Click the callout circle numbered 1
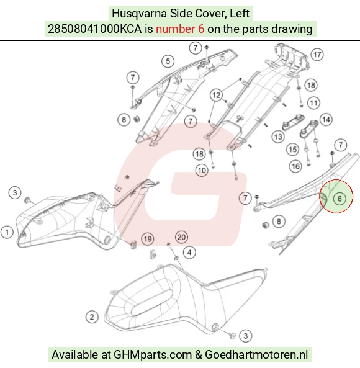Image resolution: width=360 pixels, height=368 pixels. [7, 232]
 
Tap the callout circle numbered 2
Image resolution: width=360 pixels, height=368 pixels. [92, 317]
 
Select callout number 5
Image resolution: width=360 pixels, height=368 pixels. [168, 61]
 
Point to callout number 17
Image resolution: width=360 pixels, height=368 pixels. [317, 55]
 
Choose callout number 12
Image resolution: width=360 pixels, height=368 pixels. [216, 95]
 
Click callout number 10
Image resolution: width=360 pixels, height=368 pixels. [202, 171]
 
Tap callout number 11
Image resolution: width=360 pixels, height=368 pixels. [314, 103]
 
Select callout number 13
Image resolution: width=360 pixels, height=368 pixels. [278, 137]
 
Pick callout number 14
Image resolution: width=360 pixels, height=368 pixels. [326, 120]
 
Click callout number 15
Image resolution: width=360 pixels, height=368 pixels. [292, 150]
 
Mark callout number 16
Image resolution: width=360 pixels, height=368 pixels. [295, 166]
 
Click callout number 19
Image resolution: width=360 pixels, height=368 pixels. [148, 239]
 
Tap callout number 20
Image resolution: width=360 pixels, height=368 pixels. [181, 237]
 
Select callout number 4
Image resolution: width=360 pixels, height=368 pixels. [189, 253]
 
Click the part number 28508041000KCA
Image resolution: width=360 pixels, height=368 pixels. [95, 29]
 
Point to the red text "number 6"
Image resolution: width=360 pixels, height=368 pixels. [180, 29]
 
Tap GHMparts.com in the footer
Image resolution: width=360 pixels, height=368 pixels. [153, 354]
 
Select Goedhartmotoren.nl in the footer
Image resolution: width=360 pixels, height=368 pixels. [256, 354]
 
